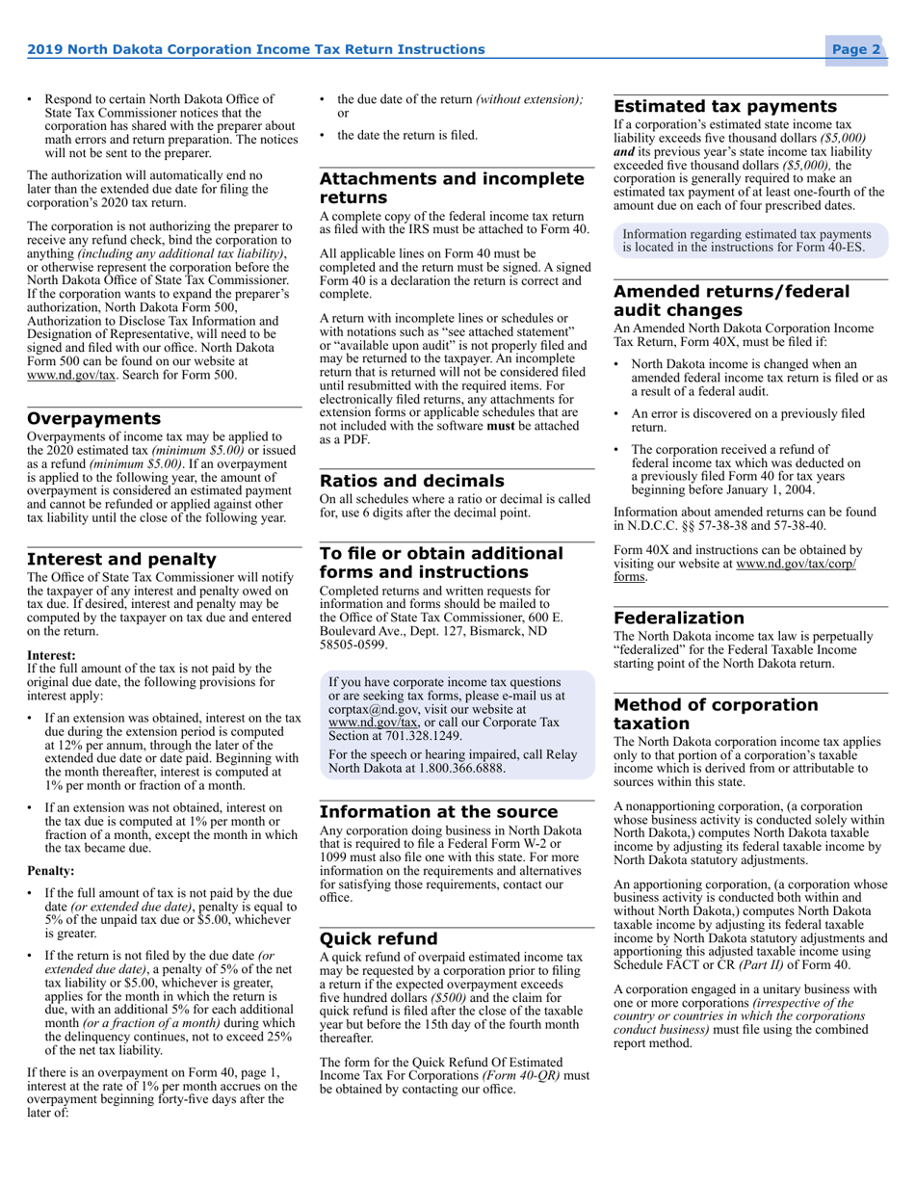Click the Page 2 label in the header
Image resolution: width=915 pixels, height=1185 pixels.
click(x=856, y=50)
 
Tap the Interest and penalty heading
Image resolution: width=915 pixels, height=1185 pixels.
click(x=121, y=560)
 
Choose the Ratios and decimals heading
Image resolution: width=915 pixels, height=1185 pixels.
click(x=411, y=481)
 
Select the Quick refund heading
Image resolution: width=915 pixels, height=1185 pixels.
click(x=379, y=938)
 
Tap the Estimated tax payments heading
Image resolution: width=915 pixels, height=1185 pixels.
click(x=725, y=107)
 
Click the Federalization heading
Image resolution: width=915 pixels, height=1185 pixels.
click(x=679, y=618)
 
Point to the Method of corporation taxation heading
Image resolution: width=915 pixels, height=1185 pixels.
click(x=716, y=714)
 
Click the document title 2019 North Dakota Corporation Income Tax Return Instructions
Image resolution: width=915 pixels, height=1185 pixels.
click(x=255, y=50)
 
